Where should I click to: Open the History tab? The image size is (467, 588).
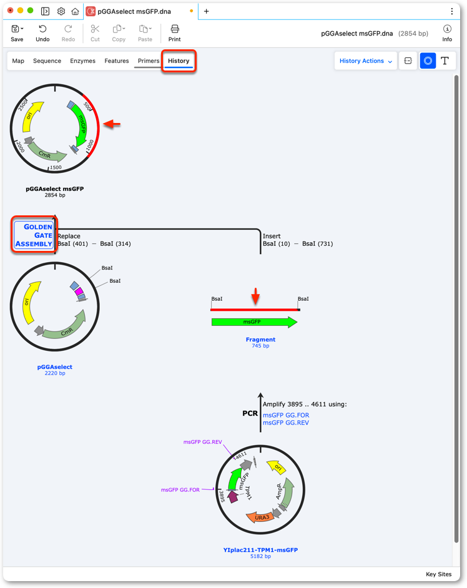[179, 61]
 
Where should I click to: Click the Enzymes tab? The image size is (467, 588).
[82, 61]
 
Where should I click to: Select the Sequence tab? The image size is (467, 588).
[47, 61]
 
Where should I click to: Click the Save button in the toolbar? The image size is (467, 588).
[17, 33]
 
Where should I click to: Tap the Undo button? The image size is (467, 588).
[42, 33]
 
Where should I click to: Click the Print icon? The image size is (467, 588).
[174, 33]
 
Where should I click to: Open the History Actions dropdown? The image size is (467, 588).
[366, 61]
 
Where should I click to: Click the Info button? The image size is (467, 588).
[447, 33]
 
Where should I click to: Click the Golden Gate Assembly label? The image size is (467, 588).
[34, 235]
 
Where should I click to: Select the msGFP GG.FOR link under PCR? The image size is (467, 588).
[286, 415]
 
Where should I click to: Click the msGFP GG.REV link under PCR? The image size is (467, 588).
[286, 423]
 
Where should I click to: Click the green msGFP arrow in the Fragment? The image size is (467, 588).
[254, 321]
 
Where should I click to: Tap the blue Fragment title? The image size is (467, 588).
[260, 340]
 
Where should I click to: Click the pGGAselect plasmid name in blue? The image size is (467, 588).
[55, 367]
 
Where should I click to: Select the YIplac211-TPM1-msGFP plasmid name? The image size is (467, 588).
[260, 550]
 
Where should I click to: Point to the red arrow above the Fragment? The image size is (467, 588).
[255, 296]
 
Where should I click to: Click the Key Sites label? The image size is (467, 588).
[438, 574]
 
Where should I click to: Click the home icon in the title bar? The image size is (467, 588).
[75, 11]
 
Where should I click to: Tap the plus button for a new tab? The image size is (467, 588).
[206, 11]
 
